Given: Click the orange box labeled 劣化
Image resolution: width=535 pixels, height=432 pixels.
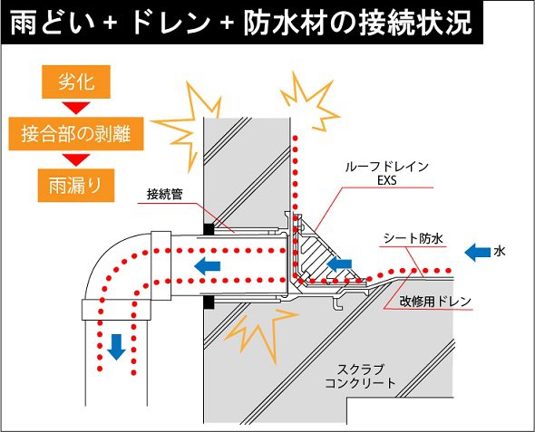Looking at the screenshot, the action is point(76,82).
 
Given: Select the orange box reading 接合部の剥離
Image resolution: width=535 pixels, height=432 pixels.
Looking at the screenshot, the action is point(76,133).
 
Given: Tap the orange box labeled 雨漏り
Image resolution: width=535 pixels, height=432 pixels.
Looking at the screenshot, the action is point(76,186).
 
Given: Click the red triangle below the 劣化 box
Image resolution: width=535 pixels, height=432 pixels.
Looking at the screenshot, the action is point(76,108).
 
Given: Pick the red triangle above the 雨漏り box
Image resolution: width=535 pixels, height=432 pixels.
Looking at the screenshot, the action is point(76,159).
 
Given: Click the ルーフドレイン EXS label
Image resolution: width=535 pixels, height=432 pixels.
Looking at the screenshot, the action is point(387,173).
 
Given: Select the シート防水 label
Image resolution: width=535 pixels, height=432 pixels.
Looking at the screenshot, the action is point(413,238).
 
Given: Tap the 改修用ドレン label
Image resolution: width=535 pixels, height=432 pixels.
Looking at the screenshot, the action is point(435,302).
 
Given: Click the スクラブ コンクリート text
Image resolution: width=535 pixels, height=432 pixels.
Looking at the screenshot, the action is point(361,376).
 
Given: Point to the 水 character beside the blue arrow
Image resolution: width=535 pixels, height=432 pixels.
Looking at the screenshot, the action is point(499,252).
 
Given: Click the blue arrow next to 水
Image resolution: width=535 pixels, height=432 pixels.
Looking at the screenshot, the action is point(477,252).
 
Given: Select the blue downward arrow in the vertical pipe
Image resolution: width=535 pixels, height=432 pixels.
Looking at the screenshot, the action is point(116,347).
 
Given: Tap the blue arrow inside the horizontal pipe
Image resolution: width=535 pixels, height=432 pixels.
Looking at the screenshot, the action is point(207,265).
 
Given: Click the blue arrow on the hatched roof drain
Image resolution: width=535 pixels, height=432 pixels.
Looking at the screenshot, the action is point(339,264).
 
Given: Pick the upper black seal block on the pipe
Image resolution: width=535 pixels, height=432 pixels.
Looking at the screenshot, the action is point(209,229).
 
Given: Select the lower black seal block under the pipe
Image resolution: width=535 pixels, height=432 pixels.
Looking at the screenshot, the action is point(209,302).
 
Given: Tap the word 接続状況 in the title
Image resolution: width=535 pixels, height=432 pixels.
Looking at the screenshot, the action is point(415,23).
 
